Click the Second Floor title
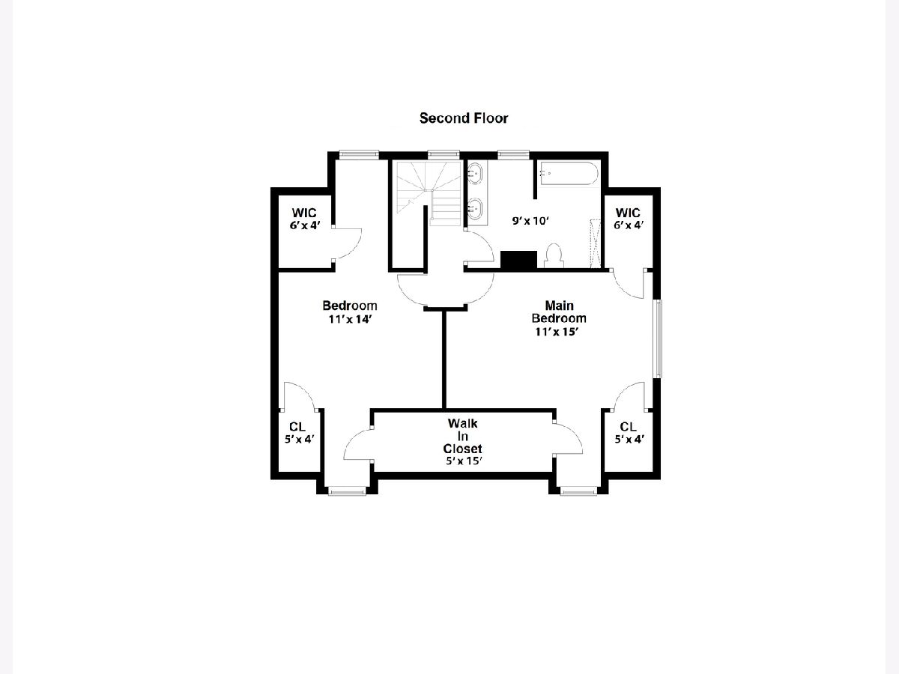(x=464, y=118)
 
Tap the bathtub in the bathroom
(x=569, y=174)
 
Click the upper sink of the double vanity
(x=475, y=173)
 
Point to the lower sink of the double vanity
(x=475, y=209)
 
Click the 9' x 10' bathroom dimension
(x=530, y=221)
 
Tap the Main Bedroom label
(x=559, y=312)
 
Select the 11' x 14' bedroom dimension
(x=350, y=320)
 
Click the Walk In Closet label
(x=462, y=436)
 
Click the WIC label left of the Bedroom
(x=304, y=213)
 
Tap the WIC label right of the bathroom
(x=628, y=213)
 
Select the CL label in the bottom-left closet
(x=297, y=427)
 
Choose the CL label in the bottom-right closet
(x=628, y=427)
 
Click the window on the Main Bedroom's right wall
(x=658, y=338)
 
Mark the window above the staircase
(x=444, y=154)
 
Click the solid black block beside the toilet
(x=518, y=261)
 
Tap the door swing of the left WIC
(x=348, y=244)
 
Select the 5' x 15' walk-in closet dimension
(x=464, y=461)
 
